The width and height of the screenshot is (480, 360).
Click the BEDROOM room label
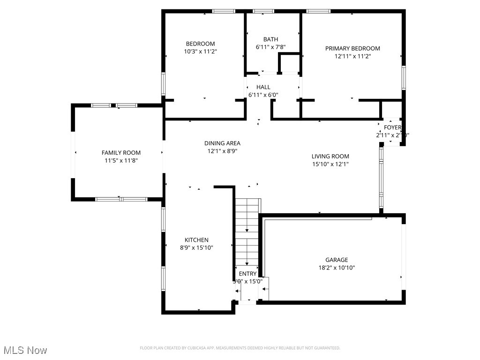tap(200, 44)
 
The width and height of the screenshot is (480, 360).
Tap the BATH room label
tap(270, 39)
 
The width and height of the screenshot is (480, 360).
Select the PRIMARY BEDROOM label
tap(352, 48)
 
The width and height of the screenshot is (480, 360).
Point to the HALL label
tap(263, 87)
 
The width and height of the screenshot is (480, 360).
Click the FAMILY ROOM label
tap(121, 152)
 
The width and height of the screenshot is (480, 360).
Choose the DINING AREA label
tap(222, 143)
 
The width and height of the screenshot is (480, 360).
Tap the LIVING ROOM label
tap(330, 156)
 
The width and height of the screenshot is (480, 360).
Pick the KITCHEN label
tap(196, 240)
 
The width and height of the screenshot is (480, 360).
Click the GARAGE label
tap(337, 260)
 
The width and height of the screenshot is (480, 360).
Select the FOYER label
tap(392, 127)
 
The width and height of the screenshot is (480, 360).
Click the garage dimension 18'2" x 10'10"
tap(337, 268)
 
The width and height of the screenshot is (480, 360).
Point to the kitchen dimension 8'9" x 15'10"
tap(196, 247)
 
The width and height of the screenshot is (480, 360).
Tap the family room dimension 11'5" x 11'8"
tap(121, 160)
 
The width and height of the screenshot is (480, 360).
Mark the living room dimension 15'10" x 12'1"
tap(330, 164)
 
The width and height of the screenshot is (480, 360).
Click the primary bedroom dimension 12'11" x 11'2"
tap(352, 56)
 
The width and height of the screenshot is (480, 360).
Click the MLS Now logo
tap(25, 350)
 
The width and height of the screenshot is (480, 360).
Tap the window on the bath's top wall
tap(263, 11)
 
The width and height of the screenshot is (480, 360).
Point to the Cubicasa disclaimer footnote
tap(240, 348)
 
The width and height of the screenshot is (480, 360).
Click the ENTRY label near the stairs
tap(247, 274)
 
